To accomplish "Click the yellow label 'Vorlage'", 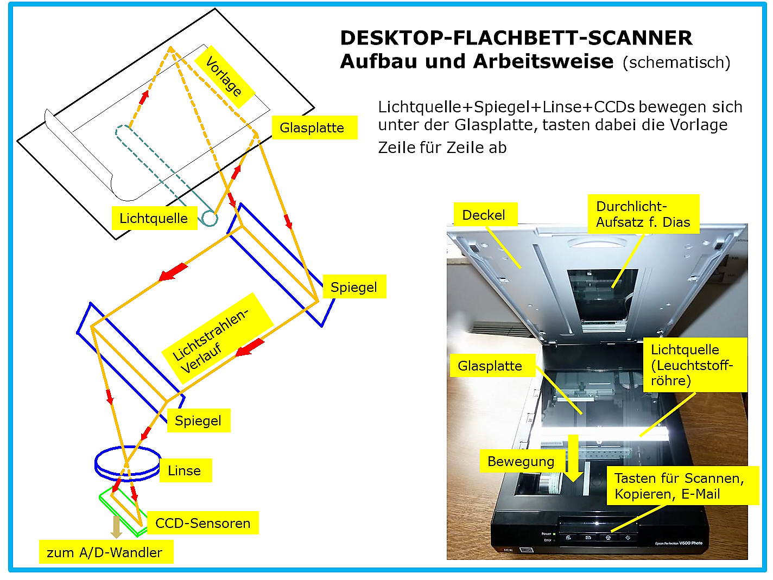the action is coord(224,77).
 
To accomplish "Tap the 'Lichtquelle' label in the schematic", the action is coord(154,218).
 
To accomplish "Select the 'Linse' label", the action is coord(185,470).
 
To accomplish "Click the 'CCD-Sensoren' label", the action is coord(203,523).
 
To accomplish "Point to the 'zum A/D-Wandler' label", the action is coord(106,552).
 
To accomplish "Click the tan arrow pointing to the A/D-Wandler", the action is coord(116,527).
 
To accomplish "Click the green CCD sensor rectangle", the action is coord(123,513).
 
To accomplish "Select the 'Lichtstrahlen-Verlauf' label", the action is coord(218,339).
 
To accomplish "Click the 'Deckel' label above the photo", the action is coord(485,214).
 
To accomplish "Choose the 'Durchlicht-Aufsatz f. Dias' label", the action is coord(643,214).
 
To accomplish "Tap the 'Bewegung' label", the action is coord(522,461).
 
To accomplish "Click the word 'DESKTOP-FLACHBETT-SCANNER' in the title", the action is coord(516,38).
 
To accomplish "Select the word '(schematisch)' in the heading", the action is coord(676,62).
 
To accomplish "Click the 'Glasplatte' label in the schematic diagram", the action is coord(314,128).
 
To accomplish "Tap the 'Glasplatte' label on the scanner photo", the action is coord(493,365).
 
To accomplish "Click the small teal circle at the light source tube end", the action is coord(210,219).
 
